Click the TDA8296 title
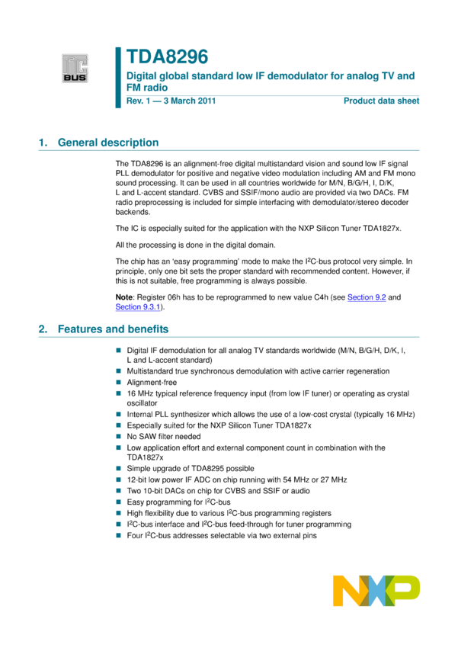pyautogui.click(x=167, y=57)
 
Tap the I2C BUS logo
pyautogui.click(x=75, y=68)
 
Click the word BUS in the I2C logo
pyautogui.click(x=75, y=77)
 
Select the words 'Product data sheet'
pyautogui.click(x=381, y=101)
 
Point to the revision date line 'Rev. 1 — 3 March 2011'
pyautogui.click(x=171, y=101)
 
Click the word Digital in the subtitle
pyautogui.click(x=141, y=76)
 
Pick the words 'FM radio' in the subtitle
pyautogui.click(x=147, y=88)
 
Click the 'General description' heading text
pyautogui.click(x=108, y=143)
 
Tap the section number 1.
pyautogui.click(x=42, y=143)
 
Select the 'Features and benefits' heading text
pyautogui.click(x=114, y=329)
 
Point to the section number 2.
pyautogui.click(x=42, y=329)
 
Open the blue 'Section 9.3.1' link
pyautogui.click(x=137, y=308)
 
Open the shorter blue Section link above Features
pyautogui.click(x=367, y=298)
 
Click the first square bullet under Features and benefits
pyautogui.click(x=118, y=351)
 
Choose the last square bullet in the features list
pyautogui.click(x=118, y=535)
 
